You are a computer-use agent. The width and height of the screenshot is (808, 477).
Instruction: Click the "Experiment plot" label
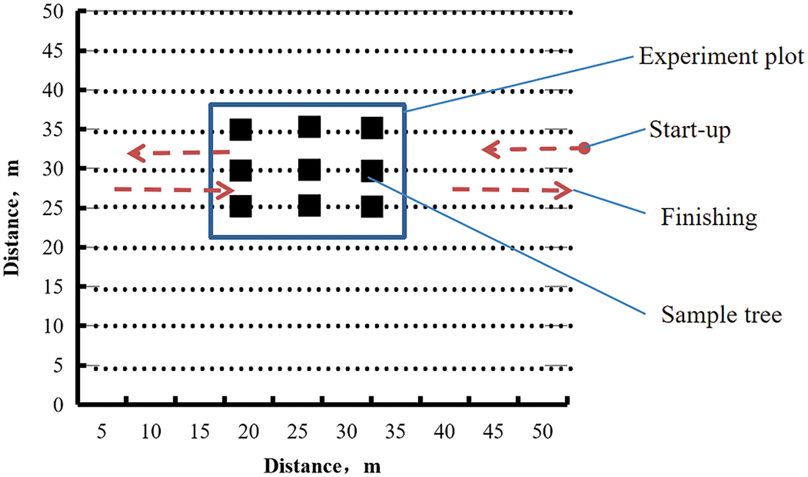click(x=721, y=57)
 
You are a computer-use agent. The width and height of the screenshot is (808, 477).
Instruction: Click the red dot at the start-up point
click(x=584, y=148)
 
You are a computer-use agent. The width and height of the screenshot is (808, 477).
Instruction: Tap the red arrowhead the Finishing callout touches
click(x=564, y=190)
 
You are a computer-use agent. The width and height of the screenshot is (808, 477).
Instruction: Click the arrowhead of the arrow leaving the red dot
click(x=489, y=150)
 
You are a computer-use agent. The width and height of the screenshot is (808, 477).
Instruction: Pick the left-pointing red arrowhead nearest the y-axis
click(x=135, y=153)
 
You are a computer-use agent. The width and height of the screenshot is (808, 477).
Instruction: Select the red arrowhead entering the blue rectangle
click(x=226, y=190)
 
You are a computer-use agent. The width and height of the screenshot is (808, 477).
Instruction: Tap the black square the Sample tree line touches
click(x=372, y=171)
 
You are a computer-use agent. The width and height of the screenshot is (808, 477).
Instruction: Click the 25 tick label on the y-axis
click(x=56, y=208)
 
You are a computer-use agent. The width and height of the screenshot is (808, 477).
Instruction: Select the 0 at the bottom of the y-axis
click(x=60, y=405)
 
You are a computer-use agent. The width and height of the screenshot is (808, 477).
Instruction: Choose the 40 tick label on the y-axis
click(x=56, y=90)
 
